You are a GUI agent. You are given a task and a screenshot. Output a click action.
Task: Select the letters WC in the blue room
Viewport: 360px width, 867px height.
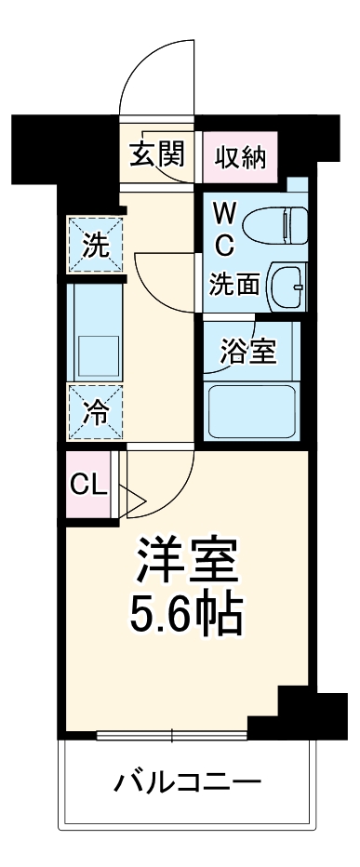[225, 229]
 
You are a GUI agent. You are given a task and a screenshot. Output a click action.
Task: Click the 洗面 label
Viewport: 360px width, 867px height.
[233, 284]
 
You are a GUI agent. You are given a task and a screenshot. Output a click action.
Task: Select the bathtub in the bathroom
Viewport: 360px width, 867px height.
[251, 409]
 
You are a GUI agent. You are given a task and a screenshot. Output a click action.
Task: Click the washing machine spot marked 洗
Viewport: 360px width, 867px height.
[95, 247]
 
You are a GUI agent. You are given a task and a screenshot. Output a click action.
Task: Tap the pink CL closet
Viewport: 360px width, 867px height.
[88, 484]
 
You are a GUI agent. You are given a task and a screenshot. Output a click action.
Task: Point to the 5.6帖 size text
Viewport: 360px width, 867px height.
[189, 611]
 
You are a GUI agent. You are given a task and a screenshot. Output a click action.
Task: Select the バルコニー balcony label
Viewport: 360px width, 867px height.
[188, 780]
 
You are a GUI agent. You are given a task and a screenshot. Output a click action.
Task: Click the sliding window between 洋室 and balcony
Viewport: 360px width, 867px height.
[173, 737]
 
